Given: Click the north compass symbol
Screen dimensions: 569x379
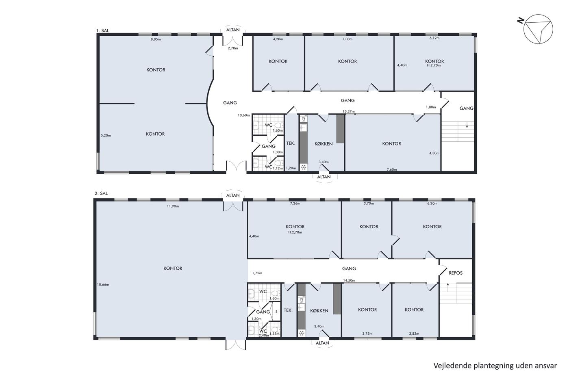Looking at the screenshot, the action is coord(538,29).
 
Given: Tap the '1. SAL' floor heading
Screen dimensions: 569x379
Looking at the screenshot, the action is coord(102,30).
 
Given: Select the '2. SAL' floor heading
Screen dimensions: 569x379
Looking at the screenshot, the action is coord(101,193).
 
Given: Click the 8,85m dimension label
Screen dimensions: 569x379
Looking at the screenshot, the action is coord(156,39).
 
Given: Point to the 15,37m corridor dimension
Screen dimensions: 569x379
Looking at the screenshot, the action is coord(349,111).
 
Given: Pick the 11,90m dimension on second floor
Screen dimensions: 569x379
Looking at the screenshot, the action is coord(173,206).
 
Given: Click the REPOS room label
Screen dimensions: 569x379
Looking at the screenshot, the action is coord(456,273).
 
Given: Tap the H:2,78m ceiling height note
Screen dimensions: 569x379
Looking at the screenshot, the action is coord(295,232).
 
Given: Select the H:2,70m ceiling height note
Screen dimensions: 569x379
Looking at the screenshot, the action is coord(434,65).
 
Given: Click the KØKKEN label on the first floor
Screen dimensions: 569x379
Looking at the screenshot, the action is coord(324,144).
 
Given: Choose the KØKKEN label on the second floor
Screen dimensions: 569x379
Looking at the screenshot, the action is coord(319,311).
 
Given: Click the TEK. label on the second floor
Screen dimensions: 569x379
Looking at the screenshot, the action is coord(288,310).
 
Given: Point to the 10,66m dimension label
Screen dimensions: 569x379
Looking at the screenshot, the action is coord(103,285).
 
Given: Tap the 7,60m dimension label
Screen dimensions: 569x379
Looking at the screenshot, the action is coord(392,169).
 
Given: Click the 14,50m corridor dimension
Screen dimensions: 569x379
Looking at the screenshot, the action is coord(349,281).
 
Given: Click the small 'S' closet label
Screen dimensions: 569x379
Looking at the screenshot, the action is coord(276,312).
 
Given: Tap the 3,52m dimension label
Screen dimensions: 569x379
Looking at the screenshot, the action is coord(414,334).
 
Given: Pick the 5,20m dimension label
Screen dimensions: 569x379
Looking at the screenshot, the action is coord(106,135).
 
